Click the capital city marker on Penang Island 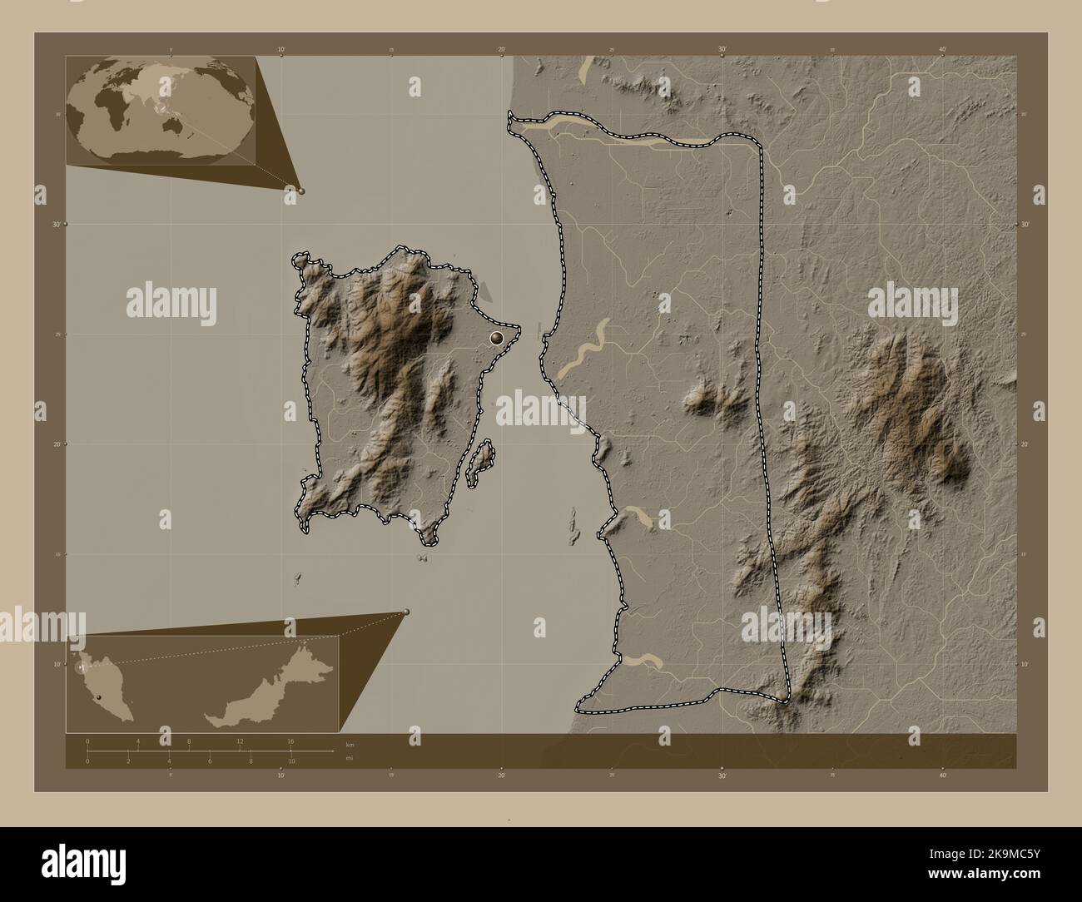pos(497,338)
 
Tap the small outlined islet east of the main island pos(481,463)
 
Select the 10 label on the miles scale pos(291,761)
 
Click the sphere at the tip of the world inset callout pos(301,191)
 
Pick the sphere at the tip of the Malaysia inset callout pos(406,612)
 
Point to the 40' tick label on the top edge pos(942,50)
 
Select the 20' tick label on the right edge pos(1025,444)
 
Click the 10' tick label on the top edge pos(281,50)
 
